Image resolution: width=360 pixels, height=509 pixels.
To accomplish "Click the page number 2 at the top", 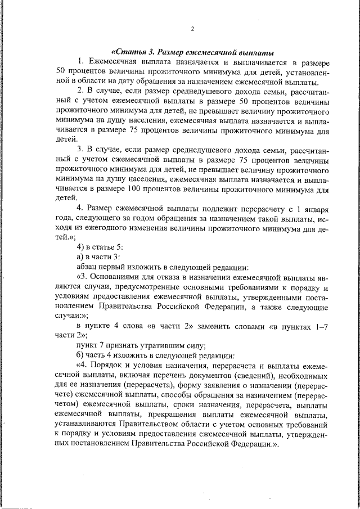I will pos(192,29).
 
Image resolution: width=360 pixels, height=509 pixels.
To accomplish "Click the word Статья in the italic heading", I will pos(131,51).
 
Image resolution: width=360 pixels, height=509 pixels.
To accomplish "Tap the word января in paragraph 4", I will pos(313,209).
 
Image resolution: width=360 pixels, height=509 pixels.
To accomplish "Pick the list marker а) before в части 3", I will pos(81,257).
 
